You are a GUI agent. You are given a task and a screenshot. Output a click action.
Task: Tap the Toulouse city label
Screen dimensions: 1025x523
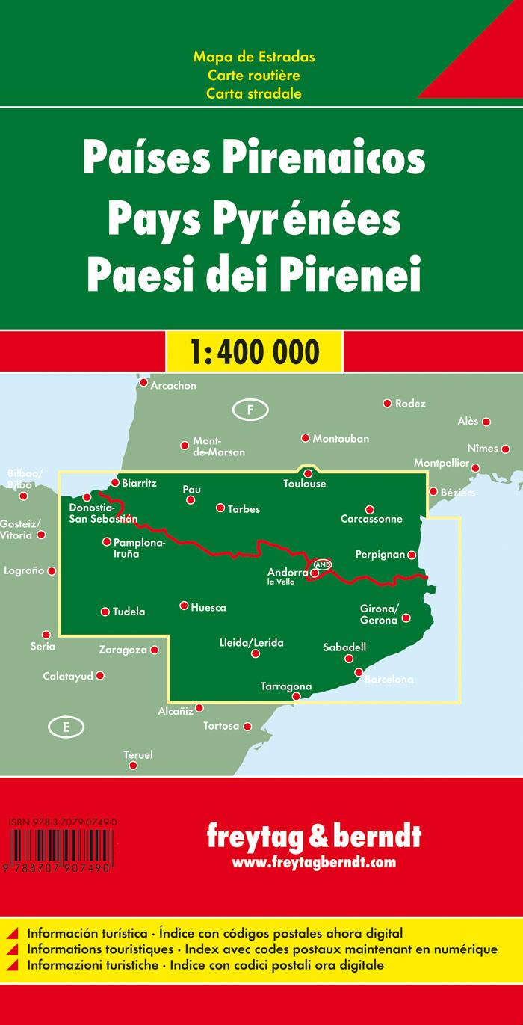(305, 484)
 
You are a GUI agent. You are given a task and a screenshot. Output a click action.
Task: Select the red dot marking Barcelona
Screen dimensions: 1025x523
(359, 672)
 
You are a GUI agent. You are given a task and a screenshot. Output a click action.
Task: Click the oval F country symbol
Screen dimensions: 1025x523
(251, 409)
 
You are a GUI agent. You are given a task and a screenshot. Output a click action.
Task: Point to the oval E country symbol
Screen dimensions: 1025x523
(66, 727)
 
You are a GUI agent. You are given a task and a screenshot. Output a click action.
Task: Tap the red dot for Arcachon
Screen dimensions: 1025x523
(143, 383)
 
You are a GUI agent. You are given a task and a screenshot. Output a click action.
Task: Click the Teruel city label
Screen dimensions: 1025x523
(137, 755)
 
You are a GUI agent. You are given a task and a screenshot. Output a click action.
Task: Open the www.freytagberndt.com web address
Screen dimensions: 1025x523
(314, 863)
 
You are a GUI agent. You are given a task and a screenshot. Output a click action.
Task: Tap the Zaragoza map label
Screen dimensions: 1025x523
(126, 650)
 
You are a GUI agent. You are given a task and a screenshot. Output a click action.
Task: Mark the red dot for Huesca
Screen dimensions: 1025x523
(184, 606)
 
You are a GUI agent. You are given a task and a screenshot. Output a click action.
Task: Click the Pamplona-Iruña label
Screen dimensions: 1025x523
(136, 548)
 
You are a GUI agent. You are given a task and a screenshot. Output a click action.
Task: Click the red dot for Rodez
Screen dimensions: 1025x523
(387, 403)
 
